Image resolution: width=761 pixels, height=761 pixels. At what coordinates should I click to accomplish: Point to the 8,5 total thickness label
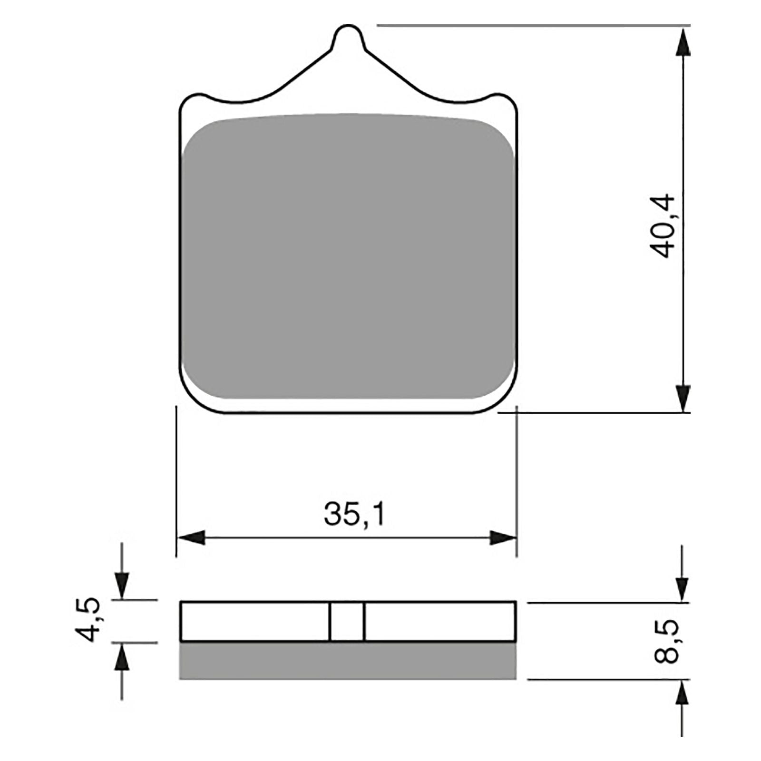[665, 642]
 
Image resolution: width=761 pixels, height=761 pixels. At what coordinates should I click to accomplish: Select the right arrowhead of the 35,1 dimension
[503, 538]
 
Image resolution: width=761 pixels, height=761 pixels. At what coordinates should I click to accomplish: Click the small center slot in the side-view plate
[347, 622]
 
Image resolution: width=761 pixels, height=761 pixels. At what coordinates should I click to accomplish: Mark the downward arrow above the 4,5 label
[122, 584]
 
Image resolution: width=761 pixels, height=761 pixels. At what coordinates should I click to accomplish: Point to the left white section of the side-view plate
[255, 622]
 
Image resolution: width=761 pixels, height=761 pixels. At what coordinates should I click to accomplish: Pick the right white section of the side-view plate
[439, 622]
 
